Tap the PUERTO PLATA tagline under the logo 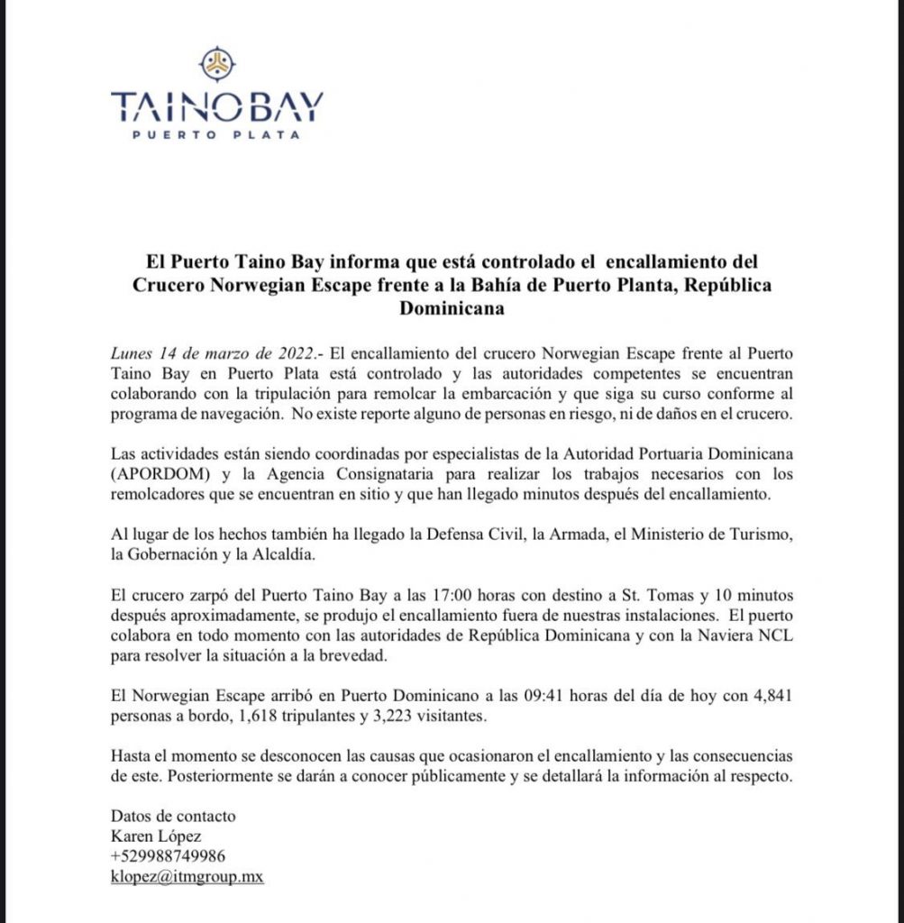tap(216, 135)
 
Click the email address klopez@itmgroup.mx tap(187, 875)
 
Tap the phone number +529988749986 tap(168, 855)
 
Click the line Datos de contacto tap(172, 816)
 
